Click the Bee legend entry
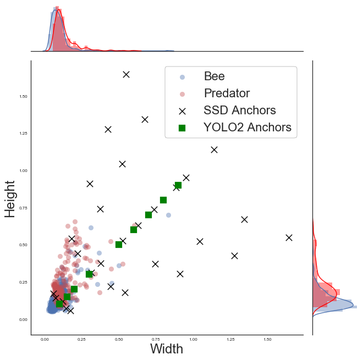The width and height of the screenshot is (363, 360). click(x=214, y=76)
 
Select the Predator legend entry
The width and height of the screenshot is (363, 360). click(x=227, y=93)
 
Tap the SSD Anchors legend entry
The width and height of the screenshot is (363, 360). click(x=239, y=110)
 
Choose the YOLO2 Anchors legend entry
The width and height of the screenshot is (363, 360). click(x=247, y=128)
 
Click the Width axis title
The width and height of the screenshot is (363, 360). click(x=167, y=348)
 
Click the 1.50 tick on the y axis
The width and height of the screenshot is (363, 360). click(x=23, y=97)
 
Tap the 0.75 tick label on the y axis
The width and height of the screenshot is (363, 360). click(x=23, y=208)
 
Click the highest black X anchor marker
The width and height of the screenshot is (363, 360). click(x=126, y=74)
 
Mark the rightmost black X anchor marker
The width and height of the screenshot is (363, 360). click(x=289, y=237)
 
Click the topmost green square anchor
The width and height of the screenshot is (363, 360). click(x=178, y=185)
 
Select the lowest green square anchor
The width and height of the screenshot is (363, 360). click(x=59, y=304)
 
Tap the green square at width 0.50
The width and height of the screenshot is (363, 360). click(x=119, y=245)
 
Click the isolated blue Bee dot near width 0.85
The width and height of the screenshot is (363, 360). click(x=169, y=215)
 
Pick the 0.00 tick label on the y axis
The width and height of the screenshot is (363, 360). click(x=23, y=319)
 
